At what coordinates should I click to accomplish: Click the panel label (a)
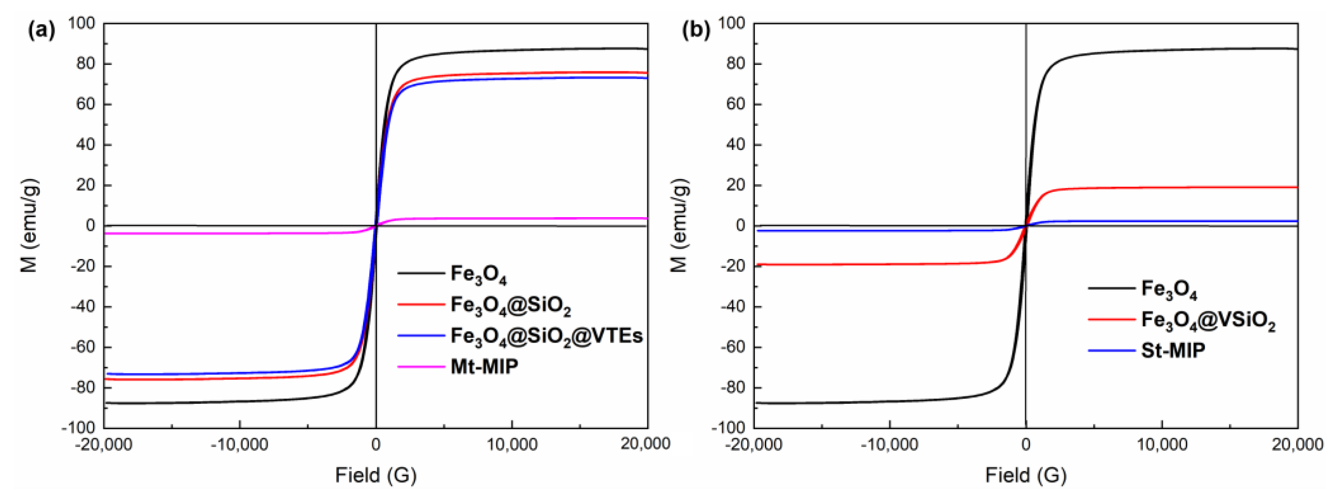tap(41, 32)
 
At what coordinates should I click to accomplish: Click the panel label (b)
tap(695, 32)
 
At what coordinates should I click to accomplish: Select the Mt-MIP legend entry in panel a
tap(484, 366)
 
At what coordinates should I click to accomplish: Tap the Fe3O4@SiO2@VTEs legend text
tap(546, 336)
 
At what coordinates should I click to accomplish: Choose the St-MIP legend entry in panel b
tap(1173, 350)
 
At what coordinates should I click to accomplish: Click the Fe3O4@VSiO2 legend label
tap(1208, 320)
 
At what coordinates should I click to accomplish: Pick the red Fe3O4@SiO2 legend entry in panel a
tap(510, 305)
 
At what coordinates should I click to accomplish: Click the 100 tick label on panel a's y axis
tap(82, 23)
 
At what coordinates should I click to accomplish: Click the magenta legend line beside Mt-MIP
tap(421, 366)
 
